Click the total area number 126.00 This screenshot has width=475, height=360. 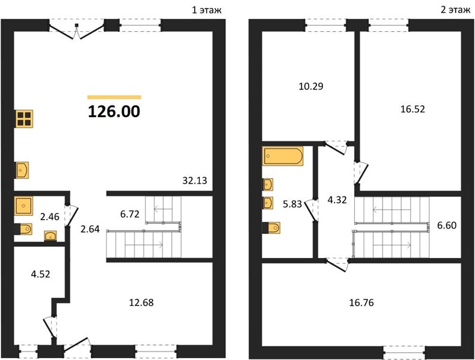click(x=114, y=111)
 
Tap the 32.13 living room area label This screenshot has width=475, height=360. click(x=195, y=181)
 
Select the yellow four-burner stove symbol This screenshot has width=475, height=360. click(x=24, y=119)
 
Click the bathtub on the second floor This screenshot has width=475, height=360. click(x=283, y=156)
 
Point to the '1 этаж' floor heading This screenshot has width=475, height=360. click(x=207, y=10)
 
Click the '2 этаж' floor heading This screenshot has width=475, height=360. click(x=455, y=10)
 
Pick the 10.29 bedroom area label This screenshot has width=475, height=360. click(x=311, y=86)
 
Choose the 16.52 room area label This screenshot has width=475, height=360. click(x=413, y=109)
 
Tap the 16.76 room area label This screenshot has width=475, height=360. click(x=362, y=302)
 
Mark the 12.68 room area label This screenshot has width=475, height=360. click(x=142, y=302)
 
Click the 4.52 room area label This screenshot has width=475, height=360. click(x=41, y=274)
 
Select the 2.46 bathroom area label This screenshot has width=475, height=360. click(x=50, y=217)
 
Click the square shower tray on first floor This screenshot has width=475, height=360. click(x=24, y=206)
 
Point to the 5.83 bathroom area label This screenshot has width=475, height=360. click(x=292, y=204)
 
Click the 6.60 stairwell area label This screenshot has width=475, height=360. click(x=447, y=225)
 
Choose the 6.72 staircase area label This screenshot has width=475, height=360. click(x=130, y=214)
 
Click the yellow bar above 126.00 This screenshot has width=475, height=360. click(x=114, y=97)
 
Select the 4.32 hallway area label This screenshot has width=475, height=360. click(x=337, y=200)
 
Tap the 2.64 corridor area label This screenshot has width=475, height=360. click(x=90, y=229)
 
